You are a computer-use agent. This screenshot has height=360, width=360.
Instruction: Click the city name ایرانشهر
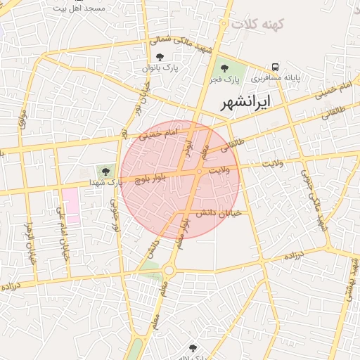(x=245, y=103)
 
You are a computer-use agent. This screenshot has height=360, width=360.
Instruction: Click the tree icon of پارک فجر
(x=224, y=68)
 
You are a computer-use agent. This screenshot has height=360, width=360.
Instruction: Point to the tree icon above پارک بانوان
(x=160, y=57)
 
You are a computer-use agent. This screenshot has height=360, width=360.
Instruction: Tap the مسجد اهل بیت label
(x=80, y=8)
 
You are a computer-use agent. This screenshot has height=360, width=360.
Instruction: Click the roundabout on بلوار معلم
(x=169, y=269)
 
